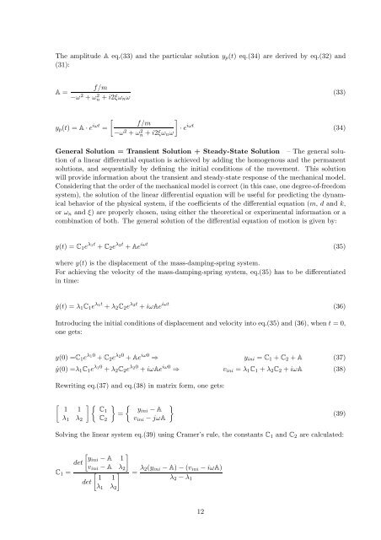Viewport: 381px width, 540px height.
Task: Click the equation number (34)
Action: [x=333, y=129]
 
